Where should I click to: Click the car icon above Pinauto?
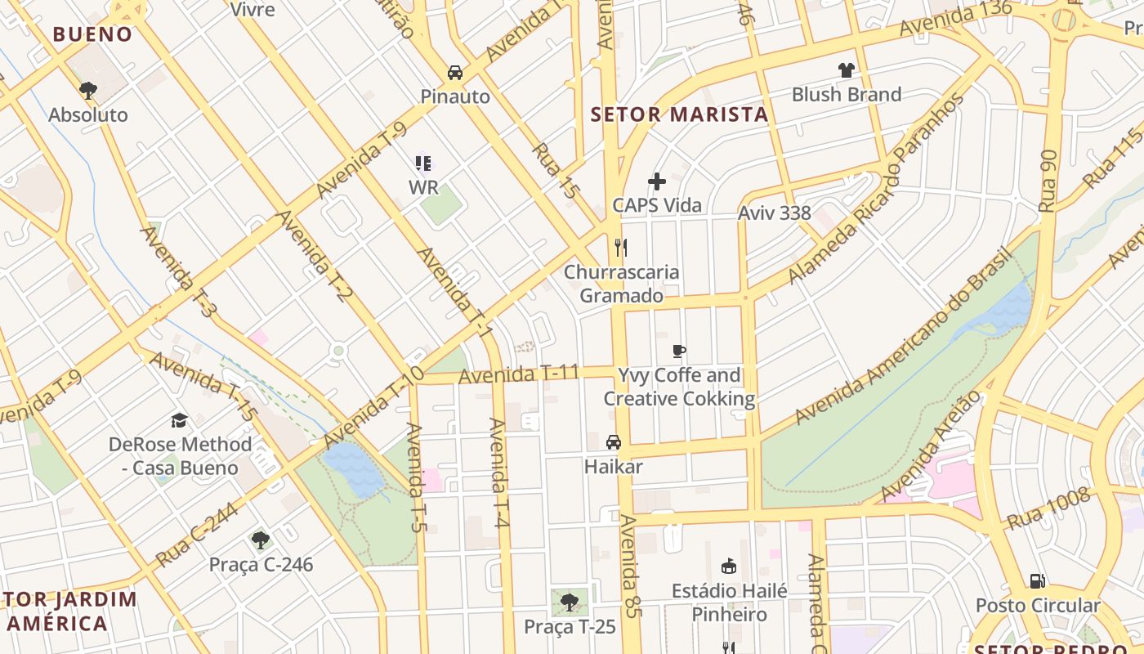(x=455, y=72)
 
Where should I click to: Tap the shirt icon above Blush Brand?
(x=846, y=70)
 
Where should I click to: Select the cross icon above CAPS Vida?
(x=657, y=181)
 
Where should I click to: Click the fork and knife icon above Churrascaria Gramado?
(x=621, y=247)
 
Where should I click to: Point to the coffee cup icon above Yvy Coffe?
(x=678, y=352)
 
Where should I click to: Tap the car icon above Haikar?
(x=614, y=442)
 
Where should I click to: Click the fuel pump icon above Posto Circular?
(x=1037, y=581)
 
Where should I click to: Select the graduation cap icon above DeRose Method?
(x=179, y=420)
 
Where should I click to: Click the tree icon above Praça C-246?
(x=261, y=540)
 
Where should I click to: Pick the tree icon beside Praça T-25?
(x=570, y=602)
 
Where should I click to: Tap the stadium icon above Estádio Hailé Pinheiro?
(x=729, y=566)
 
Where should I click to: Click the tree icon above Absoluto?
(x=88, y=90)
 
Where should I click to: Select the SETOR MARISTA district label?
(x=679, y=114)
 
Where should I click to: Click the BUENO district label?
(x=92, y=34)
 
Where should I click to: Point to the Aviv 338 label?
(x=774, y=213)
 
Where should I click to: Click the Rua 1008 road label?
(x=1048, y=508)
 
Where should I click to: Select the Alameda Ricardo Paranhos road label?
(x=877, y=190)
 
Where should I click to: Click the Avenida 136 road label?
(x=955, y=18)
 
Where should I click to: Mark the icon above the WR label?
(x=422, y=163)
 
